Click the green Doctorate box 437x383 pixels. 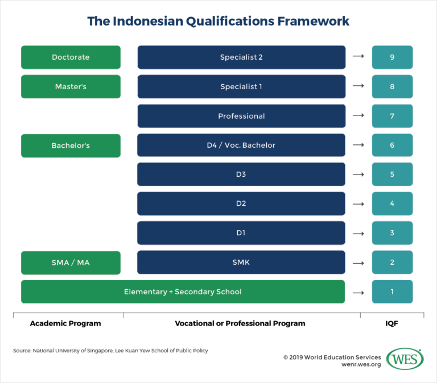pos(71,57)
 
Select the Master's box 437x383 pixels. pos(71,86)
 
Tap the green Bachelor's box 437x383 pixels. pos(71,145)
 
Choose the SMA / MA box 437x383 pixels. pos(71,263)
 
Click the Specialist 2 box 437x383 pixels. pos(241,57)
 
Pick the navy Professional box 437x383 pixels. pos(241,116)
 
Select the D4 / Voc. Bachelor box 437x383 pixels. pos(241,145)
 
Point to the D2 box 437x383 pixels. pos(241,203)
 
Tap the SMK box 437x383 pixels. pos(241,263)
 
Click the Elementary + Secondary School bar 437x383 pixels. pos(183,292)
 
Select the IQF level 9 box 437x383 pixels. pos(392,57)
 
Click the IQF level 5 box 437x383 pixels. pos(392,174)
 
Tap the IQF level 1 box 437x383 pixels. pos(392,292)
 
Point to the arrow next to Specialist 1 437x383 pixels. pos(358,86)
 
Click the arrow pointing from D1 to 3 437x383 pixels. pos(358,233)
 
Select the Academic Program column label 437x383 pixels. pos(65,323)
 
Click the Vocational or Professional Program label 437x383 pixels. pos(240,323)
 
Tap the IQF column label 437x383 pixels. pos(392,323)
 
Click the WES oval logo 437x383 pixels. pos(405,359)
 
